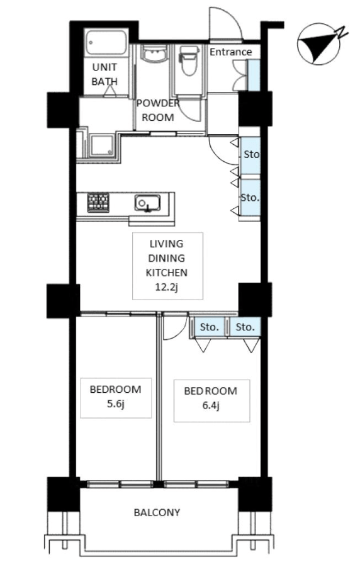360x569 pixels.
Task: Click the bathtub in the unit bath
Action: tap(106, 43)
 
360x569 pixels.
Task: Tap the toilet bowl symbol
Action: tap(189, 60)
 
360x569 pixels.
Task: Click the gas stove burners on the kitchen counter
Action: tap(98, 203)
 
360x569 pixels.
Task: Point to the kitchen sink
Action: tap(147, 203)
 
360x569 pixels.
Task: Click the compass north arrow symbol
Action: tap(318, 44)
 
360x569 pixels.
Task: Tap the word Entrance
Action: tap(231, 52)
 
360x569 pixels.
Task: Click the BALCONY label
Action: tap(157, 512)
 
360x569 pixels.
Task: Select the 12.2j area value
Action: tap(167, 288)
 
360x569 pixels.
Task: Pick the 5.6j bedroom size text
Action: tap(115, 403)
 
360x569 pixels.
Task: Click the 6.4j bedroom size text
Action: tap(211, 405)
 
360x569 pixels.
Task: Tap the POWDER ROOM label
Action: tap(158, 110)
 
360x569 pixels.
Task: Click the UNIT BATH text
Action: tap(104, 74)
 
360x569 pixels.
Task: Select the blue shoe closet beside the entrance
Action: tap(254, 75)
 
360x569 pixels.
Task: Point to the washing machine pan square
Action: tap(101, 145)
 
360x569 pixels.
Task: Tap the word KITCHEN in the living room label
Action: tap(167, 273)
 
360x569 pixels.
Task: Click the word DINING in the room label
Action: tap(167, 258)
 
